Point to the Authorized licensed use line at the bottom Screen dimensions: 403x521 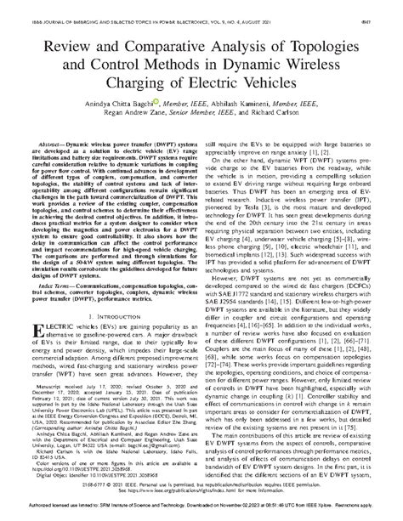201,513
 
